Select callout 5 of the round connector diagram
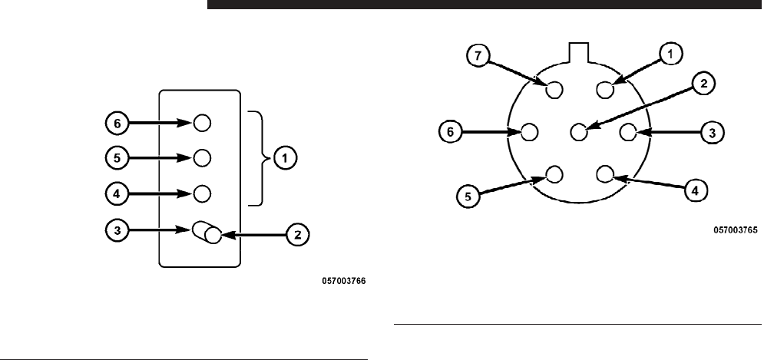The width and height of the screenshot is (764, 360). click(468, 197)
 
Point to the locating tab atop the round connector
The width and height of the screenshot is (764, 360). click(580, 51)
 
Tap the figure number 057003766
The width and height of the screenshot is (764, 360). click(343, 282)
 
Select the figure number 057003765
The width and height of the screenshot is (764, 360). click(736, 229)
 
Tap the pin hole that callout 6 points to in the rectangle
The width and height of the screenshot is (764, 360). click(202, 122)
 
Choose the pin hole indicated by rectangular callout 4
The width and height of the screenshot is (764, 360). click(202, 192)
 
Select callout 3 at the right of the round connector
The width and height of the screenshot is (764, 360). click(712, 132)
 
